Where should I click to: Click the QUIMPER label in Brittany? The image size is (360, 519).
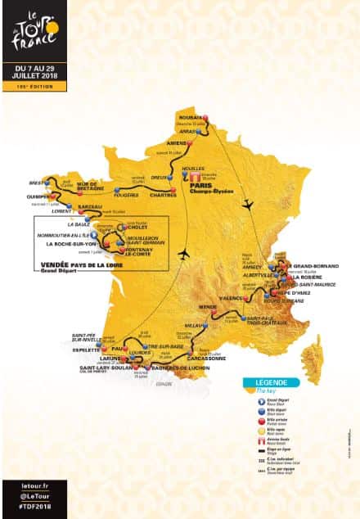37,196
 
